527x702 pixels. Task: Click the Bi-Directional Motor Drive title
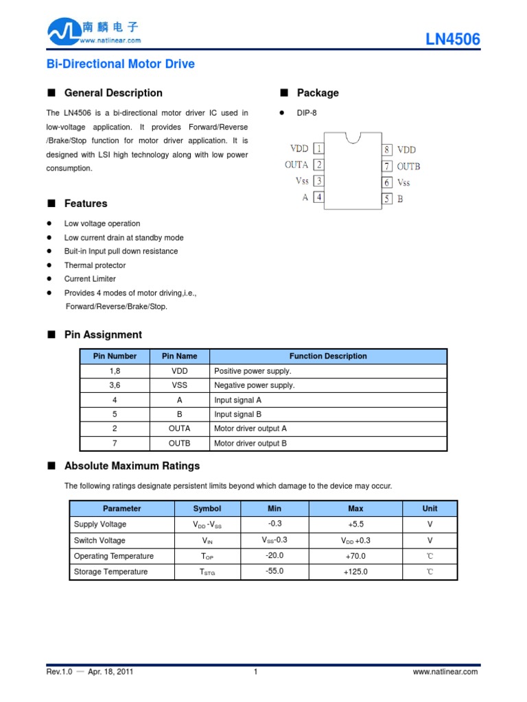tap(120, 64)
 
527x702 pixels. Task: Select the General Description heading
tap(113, 93)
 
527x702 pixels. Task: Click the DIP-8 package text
tap(307, 113)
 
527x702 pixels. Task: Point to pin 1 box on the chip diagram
tap(319, 148)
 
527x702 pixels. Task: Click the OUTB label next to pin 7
tap(408, 166)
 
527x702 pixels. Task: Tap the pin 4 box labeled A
tap(319, 197)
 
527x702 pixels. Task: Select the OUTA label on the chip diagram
tap(296, 165)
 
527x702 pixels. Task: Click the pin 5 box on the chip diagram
tap(388, 199)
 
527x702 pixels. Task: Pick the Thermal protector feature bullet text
tap(95, 265)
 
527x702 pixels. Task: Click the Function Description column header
tap(328, 356)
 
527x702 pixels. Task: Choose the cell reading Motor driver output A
tap(250, 428)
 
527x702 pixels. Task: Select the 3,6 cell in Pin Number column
tap(114, 385)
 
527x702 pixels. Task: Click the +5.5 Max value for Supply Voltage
tap(355, 524)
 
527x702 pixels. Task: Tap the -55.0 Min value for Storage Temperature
tap(274, 571)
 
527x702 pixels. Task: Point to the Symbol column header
tap(207, 509)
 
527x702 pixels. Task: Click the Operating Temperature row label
tap(113, 556)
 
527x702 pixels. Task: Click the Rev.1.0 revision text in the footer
tap(60, 672)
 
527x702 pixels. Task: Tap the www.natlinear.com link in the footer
tap(445, 672)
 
